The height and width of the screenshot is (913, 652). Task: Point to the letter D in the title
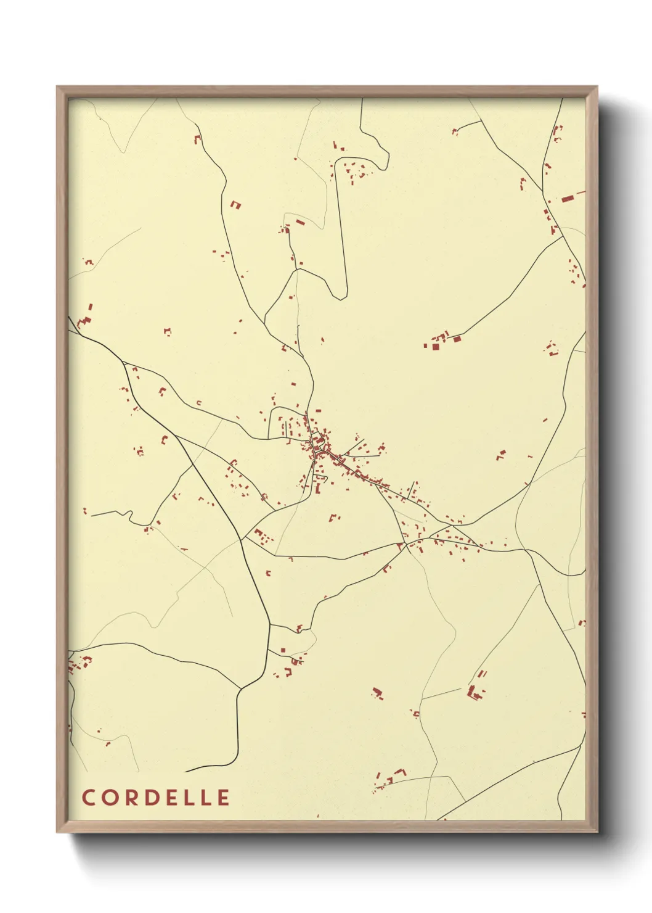point(150,798)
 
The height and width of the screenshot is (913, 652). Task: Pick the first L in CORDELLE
point(188,798)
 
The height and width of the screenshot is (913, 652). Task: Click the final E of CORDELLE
point(223,798)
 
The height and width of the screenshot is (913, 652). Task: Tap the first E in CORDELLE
point(170,798)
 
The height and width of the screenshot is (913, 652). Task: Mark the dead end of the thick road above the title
point(185,772)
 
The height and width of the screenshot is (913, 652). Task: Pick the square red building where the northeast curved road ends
point(457,338)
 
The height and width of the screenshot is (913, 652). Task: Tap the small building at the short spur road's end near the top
point(455,131)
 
